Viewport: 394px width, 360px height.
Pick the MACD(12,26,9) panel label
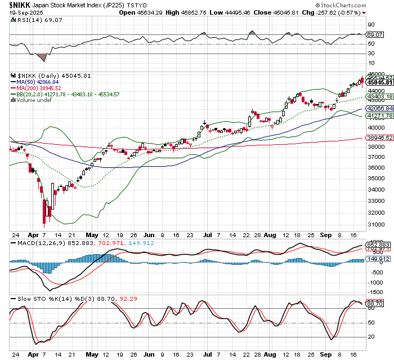click(x=34, y=243)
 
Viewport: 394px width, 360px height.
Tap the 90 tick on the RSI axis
click(x=371, y=25)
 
